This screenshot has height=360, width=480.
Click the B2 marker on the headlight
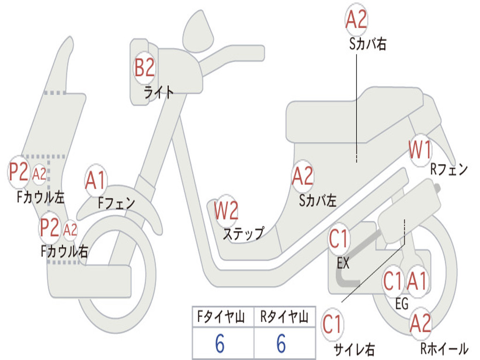144,67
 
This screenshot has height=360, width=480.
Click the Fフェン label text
116,203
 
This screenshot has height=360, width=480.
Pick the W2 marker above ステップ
226,210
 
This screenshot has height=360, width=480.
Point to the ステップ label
243,233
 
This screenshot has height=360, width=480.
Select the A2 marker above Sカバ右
356,20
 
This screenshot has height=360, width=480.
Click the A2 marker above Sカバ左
302,176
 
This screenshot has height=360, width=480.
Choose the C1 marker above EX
338,239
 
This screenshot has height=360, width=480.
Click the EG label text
402,304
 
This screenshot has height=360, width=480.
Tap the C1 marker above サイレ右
332,324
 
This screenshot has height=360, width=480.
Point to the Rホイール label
443,349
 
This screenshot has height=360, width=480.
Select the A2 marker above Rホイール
420,324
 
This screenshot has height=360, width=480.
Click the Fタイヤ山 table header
223,317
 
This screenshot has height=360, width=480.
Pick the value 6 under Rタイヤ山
281,344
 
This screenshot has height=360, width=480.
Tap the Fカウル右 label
64,251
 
